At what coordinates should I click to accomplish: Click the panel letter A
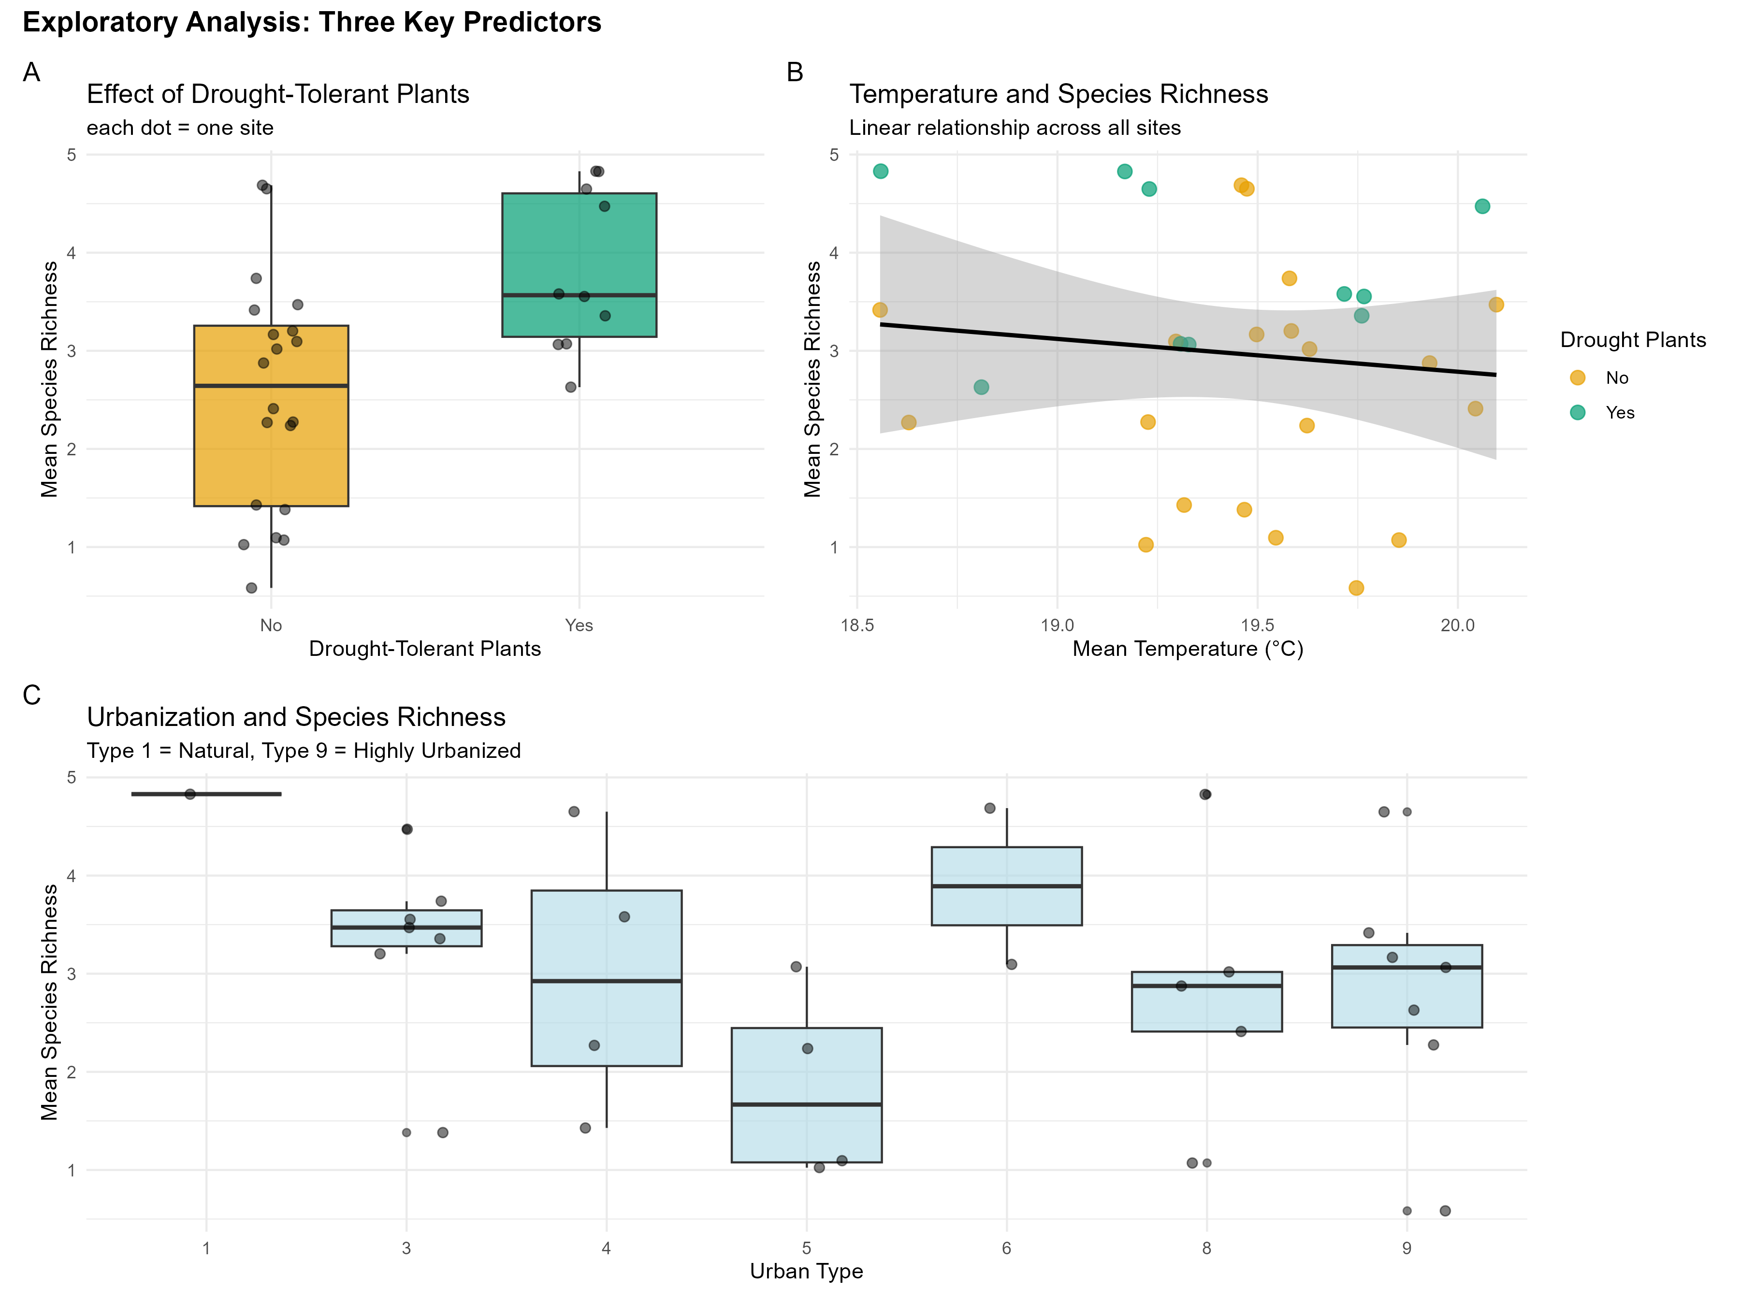31,72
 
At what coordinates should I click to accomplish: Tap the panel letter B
795,72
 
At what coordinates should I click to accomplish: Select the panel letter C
31,696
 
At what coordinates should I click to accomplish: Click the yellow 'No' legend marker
1577,377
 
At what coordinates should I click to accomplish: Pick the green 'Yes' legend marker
1577,412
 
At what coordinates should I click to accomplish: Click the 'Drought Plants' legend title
1633,340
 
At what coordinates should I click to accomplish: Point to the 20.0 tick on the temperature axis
1458,625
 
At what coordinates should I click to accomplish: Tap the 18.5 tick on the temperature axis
856,625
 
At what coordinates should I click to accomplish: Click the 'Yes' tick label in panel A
579,625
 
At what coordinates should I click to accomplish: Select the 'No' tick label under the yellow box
271,625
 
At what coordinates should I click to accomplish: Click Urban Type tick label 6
1006,1248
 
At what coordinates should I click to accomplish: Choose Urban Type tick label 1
206,1248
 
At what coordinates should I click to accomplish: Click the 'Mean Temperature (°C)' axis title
1188,649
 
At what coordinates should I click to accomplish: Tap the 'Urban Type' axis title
806,1271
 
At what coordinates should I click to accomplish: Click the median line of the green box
579,295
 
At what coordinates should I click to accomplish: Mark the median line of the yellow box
271,385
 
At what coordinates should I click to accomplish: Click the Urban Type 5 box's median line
806,1104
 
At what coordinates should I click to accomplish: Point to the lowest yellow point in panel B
1356,588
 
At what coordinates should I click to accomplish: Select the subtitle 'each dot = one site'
180,128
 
